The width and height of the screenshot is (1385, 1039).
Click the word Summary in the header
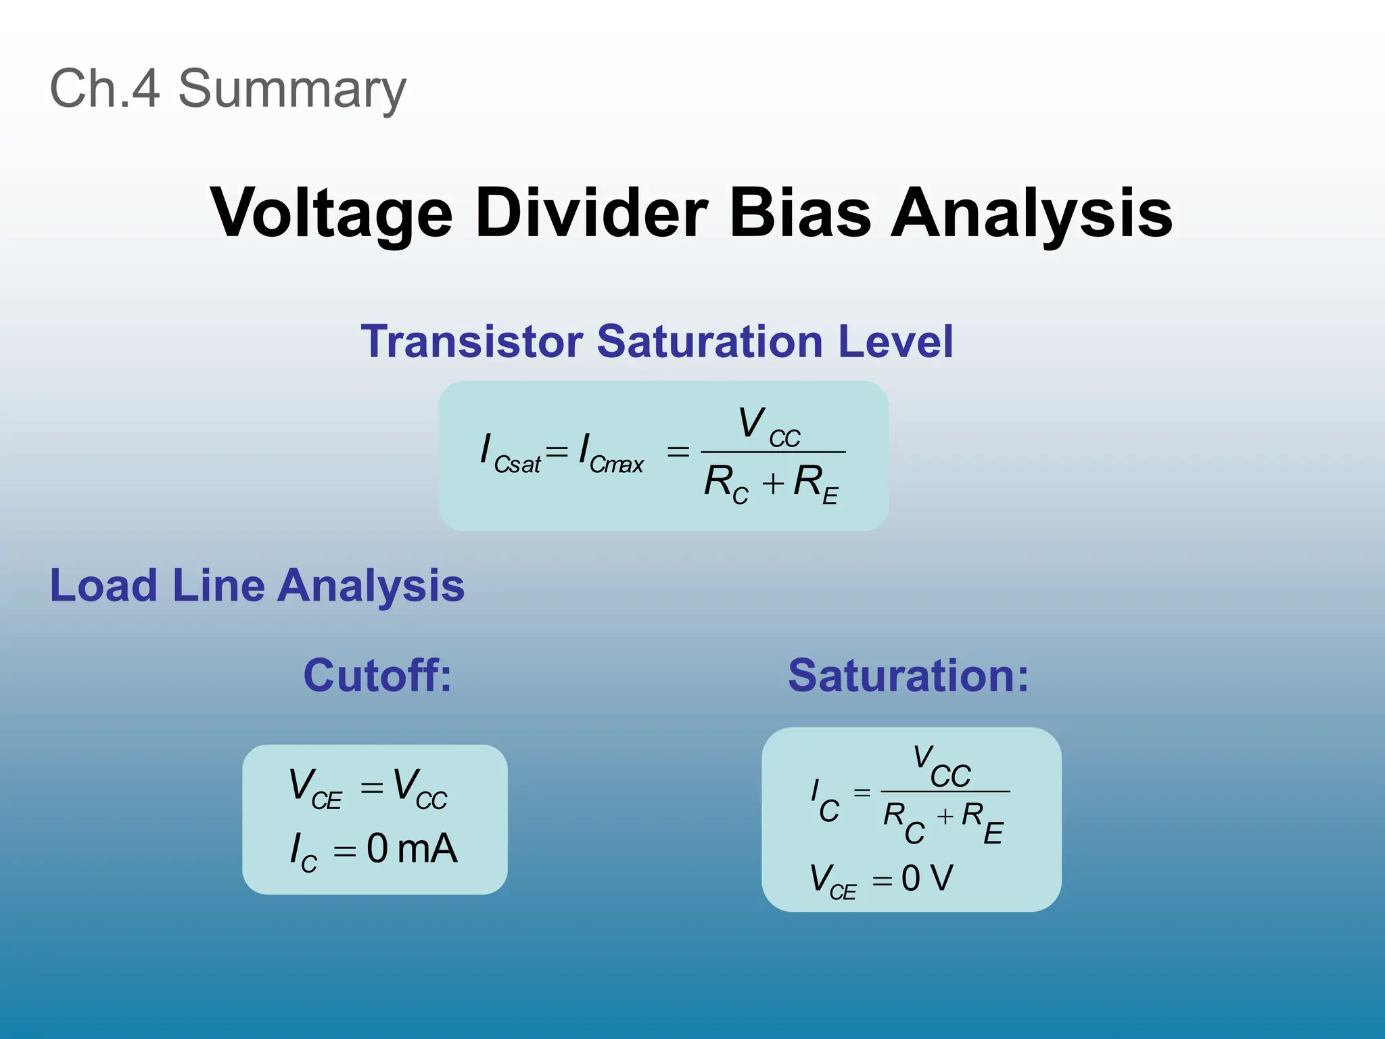pyautogui.click(x=292, y=89)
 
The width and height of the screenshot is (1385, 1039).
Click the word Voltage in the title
pyautogui.click(x=331, y=213)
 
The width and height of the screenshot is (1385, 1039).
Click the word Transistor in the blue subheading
pyautogui.click(x=471, y=341)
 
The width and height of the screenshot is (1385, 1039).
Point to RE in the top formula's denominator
pyautogui.click(x=816, y=484)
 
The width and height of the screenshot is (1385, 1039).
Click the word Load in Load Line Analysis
pyautogui.click(x=103, y=585)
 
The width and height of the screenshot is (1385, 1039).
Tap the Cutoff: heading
pyautogui.click(x=377, y=675)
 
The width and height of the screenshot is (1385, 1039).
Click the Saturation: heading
pyautogui.click(x=908, y=675)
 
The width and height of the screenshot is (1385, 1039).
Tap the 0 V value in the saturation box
pyautogui.click(x=927, y=879)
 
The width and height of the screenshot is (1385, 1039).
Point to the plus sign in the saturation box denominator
pyautogui.click(x=945, y=818)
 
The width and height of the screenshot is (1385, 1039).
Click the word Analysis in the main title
pyautogui.click(x=1031, y=213)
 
